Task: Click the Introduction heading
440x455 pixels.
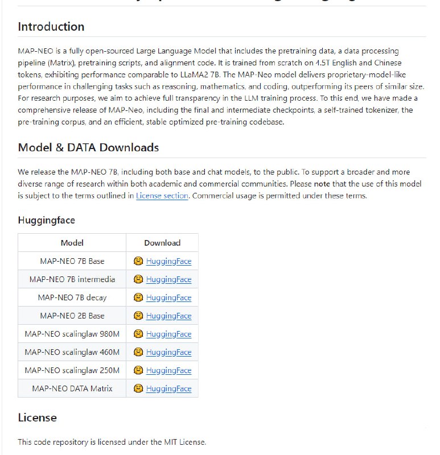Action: point(51,27)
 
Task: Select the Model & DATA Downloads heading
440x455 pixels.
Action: point(88,148)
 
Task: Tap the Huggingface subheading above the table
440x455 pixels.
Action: point(46,220)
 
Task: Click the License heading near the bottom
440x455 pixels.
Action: point(37,417)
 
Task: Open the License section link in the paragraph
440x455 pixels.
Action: point(162,196)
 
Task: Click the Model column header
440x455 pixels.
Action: point(72,243)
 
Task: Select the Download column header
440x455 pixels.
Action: point(162,243)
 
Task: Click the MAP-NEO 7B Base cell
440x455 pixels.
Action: point(72,261)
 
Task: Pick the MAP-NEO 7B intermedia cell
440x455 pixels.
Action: point(72,279)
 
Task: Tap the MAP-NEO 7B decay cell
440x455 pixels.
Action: point(72,297)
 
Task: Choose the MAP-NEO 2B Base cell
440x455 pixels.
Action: point(72,316)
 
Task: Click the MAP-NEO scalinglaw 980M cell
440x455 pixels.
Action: point(72,334)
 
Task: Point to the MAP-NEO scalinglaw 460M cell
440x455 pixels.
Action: point(72,352)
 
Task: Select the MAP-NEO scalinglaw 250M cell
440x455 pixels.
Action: point(72,370)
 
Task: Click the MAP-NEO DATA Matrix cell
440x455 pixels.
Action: point(72,388)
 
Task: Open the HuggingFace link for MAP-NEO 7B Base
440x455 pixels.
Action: point(168,262)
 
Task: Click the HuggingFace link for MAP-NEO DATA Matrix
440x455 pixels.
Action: point(168,389)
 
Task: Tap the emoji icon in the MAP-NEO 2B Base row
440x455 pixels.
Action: point(138,316)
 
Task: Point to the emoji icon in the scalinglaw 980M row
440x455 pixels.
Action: point(138,334)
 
